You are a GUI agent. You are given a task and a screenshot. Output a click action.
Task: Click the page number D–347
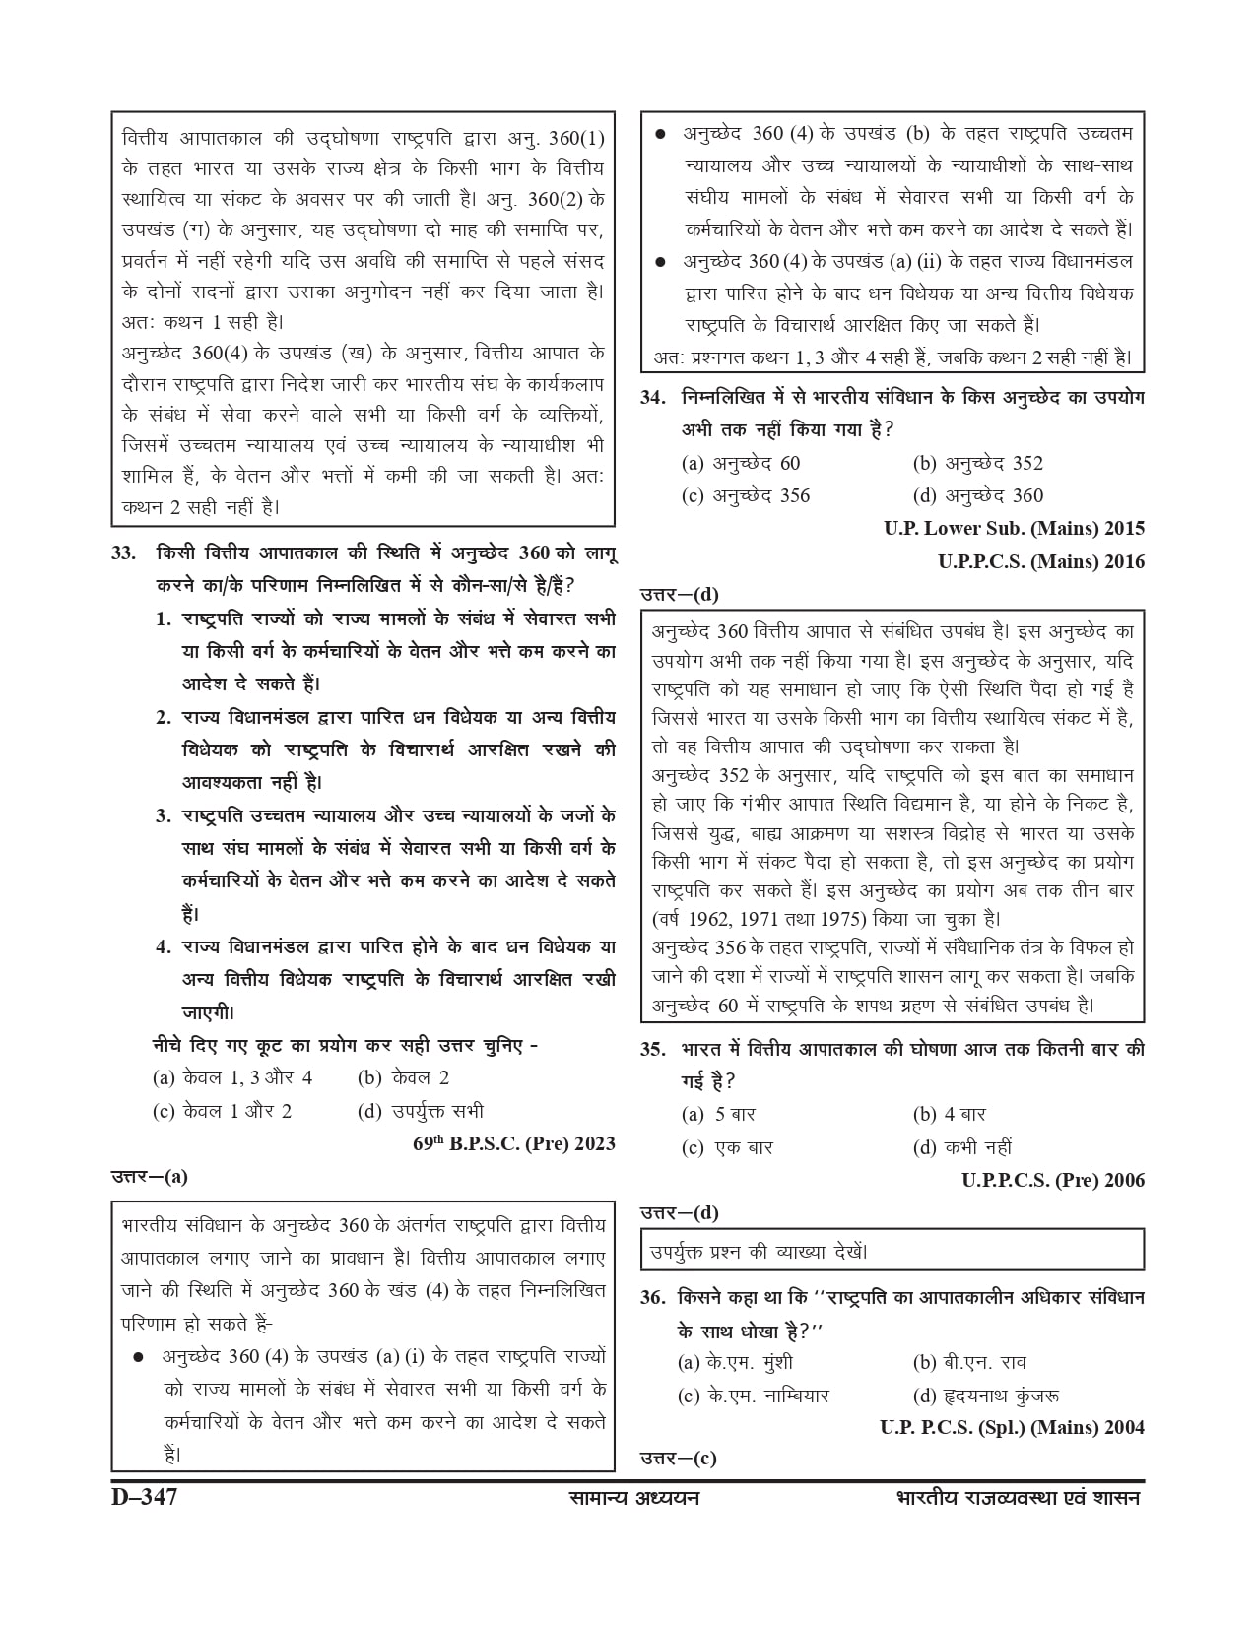point(144,1499)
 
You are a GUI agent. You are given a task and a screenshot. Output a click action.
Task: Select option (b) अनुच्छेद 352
point(977,463)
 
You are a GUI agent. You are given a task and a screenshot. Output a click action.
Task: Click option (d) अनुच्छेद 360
point(977,495)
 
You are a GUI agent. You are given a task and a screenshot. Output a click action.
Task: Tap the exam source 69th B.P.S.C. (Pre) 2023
point(514,1143)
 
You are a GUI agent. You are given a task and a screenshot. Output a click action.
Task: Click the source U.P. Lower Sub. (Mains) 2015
point(1015,528)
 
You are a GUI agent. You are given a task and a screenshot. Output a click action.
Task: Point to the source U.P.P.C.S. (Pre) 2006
point(1053,1180)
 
